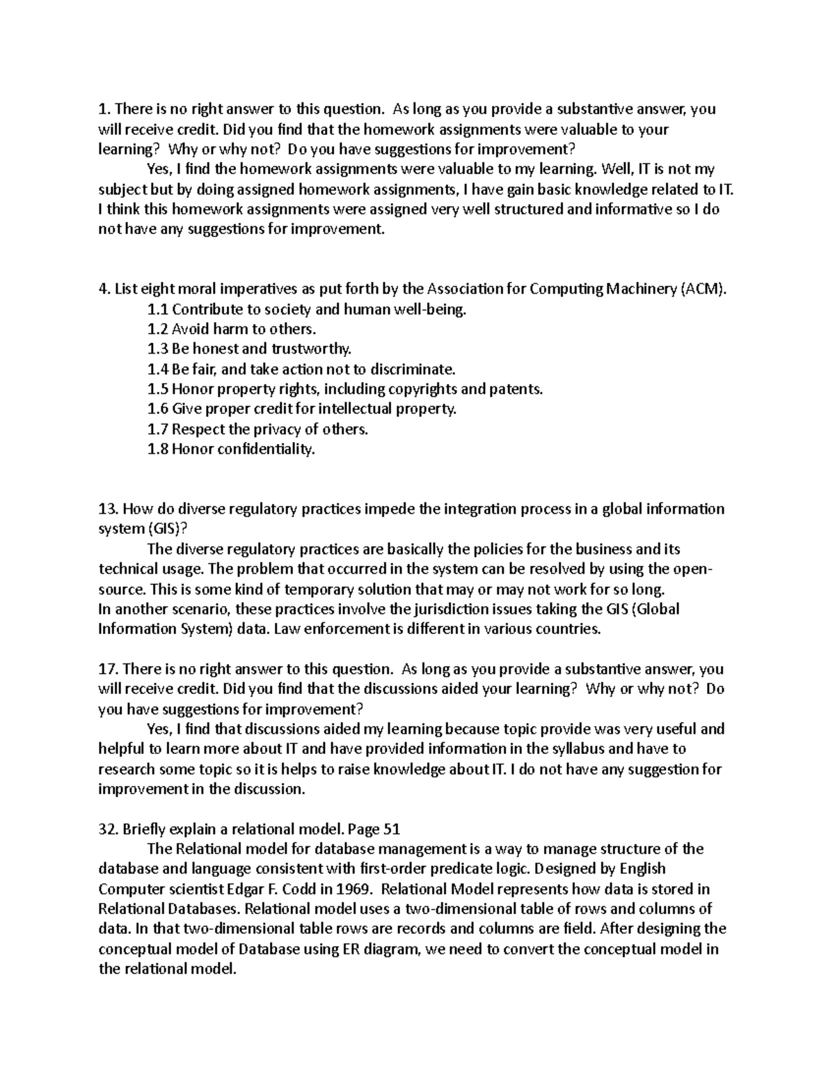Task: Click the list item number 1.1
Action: click(158, 309)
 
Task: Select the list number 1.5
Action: click(158, 389)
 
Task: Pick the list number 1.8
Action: click(158, 449)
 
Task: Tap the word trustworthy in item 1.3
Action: click(312, 349)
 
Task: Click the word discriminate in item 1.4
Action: click(412, 369)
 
